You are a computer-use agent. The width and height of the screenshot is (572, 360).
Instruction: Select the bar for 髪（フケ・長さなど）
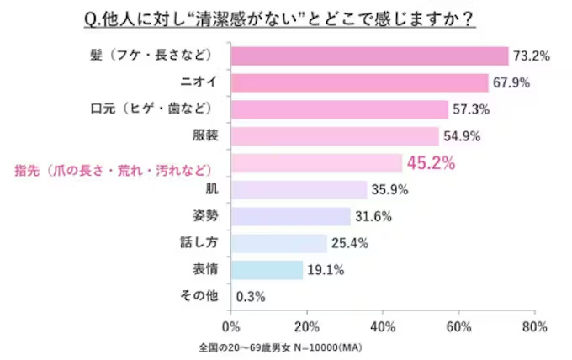click(x=368, y=56)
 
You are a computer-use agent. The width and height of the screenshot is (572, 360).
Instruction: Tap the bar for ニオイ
click(x=358, y=82)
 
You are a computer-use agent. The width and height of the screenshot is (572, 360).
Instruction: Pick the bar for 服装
click(x=334, y=136)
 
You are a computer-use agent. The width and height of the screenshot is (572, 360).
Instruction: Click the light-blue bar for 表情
click(x=266, y=270)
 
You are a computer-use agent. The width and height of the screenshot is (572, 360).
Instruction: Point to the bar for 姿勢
click(x=289, y=216)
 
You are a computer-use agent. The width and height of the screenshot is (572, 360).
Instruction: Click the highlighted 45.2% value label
click(x=431, y=163)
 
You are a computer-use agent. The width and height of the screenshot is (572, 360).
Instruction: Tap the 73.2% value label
click(x=532, y=56)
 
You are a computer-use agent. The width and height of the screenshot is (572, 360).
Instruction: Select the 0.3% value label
click(x=252, y=297)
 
